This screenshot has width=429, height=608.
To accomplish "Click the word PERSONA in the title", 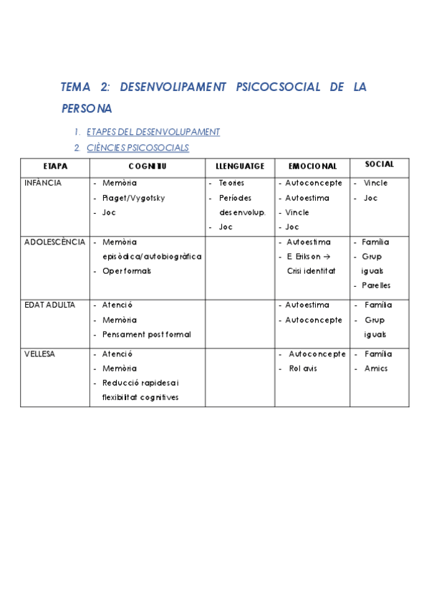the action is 87,109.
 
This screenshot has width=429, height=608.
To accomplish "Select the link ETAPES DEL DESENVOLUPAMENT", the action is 153,132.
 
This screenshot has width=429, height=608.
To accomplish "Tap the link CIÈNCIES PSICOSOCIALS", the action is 138,148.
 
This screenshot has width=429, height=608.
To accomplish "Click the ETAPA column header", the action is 55,166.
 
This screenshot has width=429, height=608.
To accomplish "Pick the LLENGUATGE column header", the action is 240,166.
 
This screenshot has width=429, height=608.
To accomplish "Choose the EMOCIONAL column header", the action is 312,166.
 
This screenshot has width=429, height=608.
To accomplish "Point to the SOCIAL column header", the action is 379,165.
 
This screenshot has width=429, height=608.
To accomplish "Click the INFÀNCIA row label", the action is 43,183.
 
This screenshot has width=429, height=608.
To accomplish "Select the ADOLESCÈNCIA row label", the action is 54,242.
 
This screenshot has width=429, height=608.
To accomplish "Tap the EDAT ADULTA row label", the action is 49,305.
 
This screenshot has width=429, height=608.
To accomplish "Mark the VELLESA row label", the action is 40,353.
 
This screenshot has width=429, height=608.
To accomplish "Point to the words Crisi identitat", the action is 311,271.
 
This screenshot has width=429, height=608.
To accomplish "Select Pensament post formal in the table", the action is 147,334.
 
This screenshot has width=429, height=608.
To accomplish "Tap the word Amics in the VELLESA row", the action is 376,369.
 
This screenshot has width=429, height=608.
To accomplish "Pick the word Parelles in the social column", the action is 376,285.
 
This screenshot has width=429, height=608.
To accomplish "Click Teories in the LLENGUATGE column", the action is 231,183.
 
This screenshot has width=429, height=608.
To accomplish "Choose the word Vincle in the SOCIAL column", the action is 375,183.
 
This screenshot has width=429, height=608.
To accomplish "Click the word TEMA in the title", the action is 76,87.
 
